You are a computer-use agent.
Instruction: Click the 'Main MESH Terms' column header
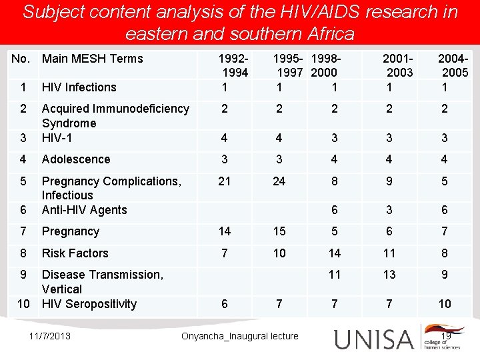(x=92, y=59)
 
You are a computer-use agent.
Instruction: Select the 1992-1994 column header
(x=234, y=65)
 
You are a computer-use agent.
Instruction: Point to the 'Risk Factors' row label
(x=75, y=253)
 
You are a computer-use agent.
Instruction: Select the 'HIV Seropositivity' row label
(x=89, y=304)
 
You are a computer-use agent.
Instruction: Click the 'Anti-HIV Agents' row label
(x=84, y=210)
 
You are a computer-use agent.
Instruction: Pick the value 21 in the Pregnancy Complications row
(x=225, y=181)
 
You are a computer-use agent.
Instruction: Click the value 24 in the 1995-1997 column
(x=279, y=181)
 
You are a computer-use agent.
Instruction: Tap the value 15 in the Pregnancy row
(x=279, y=231)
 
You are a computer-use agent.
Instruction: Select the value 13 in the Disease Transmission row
(x=389, y=275)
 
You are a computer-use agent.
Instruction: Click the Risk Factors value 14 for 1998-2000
(x=334, y=253)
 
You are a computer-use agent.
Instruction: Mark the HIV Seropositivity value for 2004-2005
(x=445, y=304)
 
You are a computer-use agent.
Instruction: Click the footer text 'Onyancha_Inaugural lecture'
(x=240, y=336)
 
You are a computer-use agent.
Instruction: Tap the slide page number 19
(x=446, y=335)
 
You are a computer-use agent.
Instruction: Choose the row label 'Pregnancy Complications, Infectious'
(x=111, y=188)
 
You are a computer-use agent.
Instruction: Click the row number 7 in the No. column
(x=23, y=231)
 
